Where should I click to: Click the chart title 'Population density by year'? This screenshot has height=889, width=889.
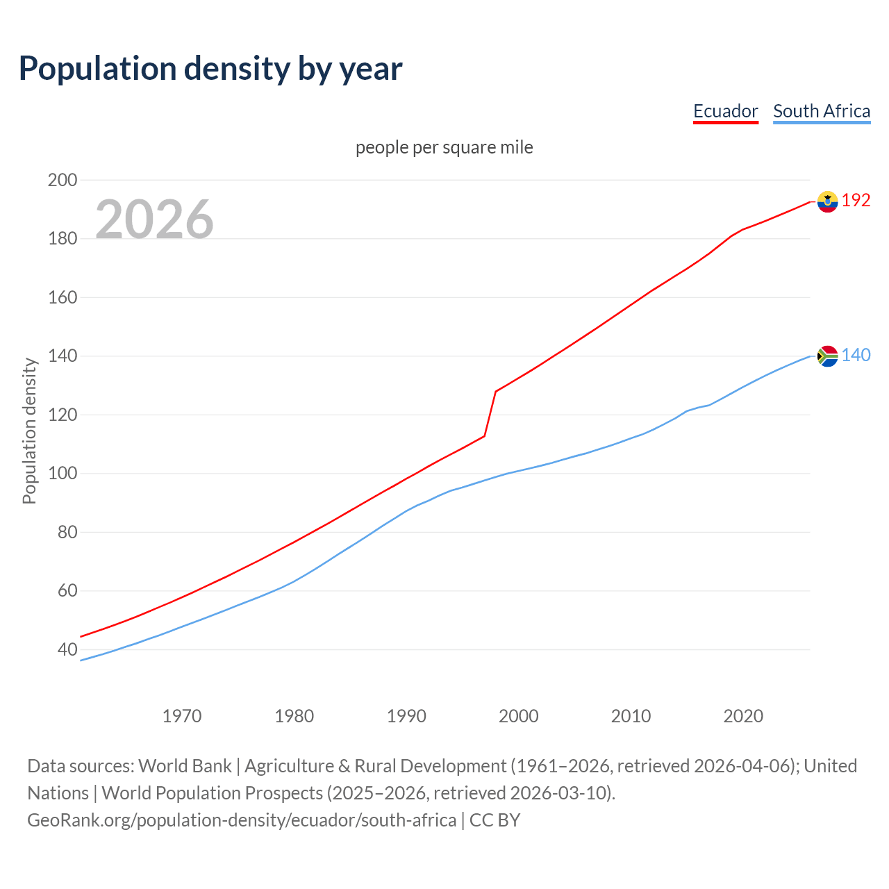coord(210,68)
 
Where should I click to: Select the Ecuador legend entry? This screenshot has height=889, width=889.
coord(725,111)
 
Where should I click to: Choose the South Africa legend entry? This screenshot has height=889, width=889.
coord(821,111)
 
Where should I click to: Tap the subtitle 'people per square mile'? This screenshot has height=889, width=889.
coord(444,147)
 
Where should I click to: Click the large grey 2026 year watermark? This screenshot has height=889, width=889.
coord(154,219)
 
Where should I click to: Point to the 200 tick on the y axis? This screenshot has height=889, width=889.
coord(62,180)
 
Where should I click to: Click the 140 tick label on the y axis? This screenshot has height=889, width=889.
coord(62,356)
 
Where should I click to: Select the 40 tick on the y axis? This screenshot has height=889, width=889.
coord(67,650)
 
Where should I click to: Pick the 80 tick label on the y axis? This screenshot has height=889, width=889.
coord(67,533)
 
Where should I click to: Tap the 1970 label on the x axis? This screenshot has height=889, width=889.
coord(182,716)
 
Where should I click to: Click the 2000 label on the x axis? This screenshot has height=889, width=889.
coord(519,716)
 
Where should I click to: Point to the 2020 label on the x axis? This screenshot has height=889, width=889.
coord(743,716)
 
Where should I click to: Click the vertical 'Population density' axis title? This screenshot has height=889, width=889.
coord(29,431)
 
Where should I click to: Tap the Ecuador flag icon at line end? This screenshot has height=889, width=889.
coord(827,201)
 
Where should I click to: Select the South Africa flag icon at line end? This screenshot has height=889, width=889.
coord(827,356)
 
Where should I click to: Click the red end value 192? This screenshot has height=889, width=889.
coord(856,201)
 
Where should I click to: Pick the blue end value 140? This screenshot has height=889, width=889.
coord(856,356)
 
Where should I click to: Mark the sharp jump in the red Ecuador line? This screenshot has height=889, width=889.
coord(490,414)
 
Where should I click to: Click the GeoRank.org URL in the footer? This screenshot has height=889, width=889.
coord(242,820)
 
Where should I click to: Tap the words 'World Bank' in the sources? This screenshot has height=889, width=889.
coord(185,766)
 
